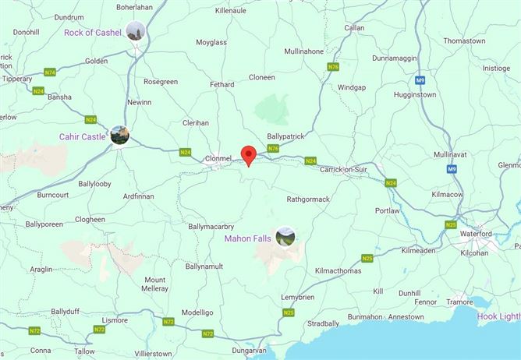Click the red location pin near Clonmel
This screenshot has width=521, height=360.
[249, 155]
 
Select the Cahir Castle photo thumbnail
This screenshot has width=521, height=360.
[119, 136]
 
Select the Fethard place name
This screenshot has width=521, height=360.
[223, 84]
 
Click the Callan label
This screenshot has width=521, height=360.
[355, 27]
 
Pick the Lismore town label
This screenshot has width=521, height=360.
[115, 320]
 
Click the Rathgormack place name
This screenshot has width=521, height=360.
[308, 199]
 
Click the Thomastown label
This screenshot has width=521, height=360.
[464, 41]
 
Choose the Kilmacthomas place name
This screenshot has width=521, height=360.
[339, 270]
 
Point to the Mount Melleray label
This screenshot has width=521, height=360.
[155, 284]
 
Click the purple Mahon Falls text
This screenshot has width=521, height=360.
[248, 238]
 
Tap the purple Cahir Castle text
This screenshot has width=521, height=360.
[82, 136]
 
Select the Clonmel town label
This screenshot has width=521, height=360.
[218, 158]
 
